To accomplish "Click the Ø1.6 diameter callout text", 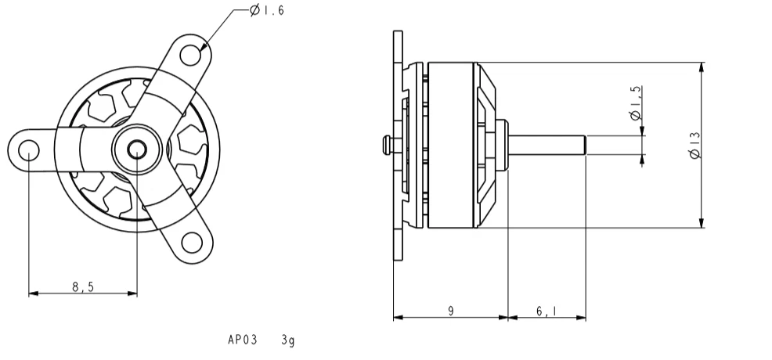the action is point(267,10).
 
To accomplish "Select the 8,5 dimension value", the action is point(83,286).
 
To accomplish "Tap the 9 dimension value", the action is point(450,311).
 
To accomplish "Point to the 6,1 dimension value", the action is point(547,311).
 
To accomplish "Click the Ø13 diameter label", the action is point(694,145).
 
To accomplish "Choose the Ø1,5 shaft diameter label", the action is point(636,103).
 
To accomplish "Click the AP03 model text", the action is point(242,340).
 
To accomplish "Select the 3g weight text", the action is point(288,340).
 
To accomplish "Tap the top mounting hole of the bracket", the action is point(190,55).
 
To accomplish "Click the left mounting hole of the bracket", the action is point(28,149).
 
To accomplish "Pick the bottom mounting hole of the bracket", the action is point(192,243).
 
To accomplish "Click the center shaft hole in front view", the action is point(137,149).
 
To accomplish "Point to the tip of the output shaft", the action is point(586,145).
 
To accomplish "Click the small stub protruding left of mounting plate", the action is point(388,145).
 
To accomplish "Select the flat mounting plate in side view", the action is point(398,145).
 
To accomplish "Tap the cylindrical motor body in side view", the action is point(450,145).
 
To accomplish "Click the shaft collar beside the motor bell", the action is point(502,145).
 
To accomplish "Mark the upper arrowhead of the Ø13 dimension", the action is point(702,67).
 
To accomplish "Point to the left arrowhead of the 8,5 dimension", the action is point(34,293).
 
